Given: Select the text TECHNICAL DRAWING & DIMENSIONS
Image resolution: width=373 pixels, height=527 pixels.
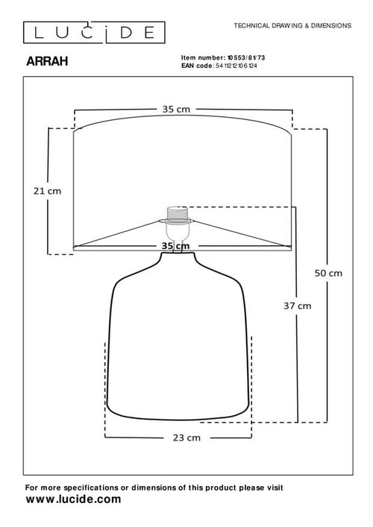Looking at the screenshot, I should pos(292,25).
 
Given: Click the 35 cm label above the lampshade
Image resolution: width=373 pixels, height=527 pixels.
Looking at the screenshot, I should pos(176,109).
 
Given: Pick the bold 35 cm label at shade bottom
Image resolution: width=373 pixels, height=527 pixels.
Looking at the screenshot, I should pos(176,245).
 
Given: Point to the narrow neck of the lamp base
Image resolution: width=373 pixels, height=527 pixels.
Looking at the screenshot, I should pos(177,259).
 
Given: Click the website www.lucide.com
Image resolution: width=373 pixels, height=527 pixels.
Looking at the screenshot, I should pos(73,499).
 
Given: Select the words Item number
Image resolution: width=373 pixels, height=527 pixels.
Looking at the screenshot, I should pos(196,57).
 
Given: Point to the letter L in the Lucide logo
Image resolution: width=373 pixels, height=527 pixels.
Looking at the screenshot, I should pos(29,31).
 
